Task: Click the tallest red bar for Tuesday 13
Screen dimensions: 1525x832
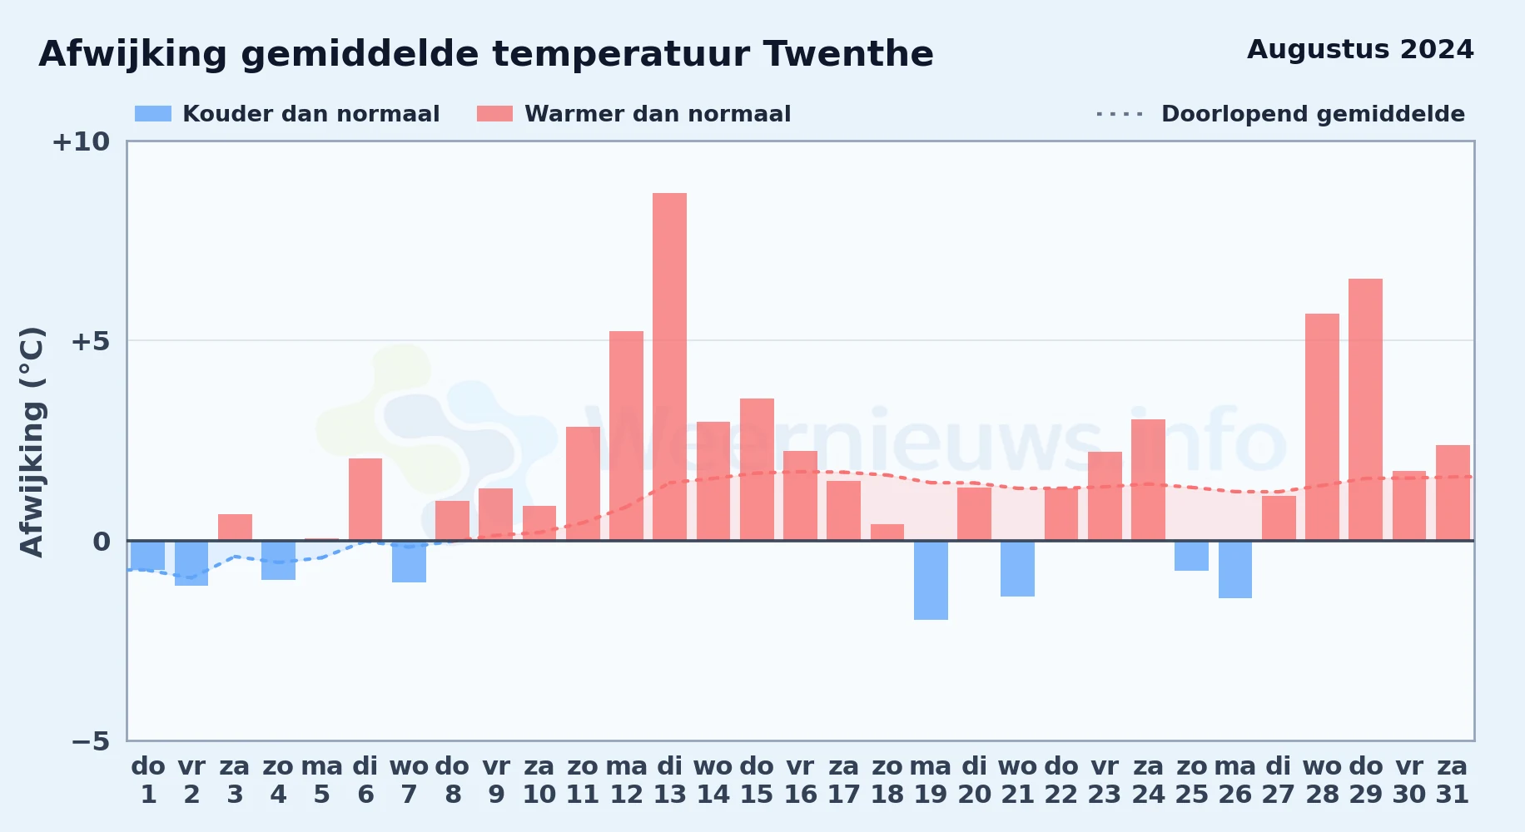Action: pos(669,367)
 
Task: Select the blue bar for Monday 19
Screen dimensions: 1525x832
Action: pos(931,580)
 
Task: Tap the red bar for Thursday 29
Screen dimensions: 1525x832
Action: pos(1365,409)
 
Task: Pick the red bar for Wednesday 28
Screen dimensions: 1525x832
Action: pos(1322,427)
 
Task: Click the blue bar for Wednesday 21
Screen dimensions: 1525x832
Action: pos(1017,568)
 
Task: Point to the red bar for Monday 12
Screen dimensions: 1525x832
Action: pos(626,436)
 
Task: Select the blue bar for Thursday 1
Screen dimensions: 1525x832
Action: pos(147,555)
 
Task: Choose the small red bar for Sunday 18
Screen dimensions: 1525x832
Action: pos(887,532)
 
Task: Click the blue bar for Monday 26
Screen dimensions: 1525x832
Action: pos(1235,569)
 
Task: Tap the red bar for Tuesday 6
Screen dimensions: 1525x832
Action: pos(365,499)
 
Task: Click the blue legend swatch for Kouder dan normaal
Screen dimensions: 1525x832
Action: pos(153,114)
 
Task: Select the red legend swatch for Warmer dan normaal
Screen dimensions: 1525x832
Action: pos(494,114)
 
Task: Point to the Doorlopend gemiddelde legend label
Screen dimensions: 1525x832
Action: pos(1313,114)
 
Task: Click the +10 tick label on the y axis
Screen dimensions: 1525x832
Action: pos(82,141)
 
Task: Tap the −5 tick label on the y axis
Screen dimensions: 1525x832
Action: pos(91,740)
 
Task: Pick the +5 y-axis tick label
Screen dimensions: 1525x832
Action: pos(91,341)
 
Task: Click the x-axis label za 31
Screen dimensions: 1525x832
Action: pos(1453,780)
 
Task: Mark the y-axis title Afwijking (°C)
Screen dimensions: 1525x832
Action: pos(32,441)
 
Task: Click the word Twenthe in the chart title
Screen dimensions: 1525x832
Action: pos(848,54)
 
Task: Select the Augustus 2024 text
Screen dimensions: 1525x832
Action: pos(1360,50)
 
